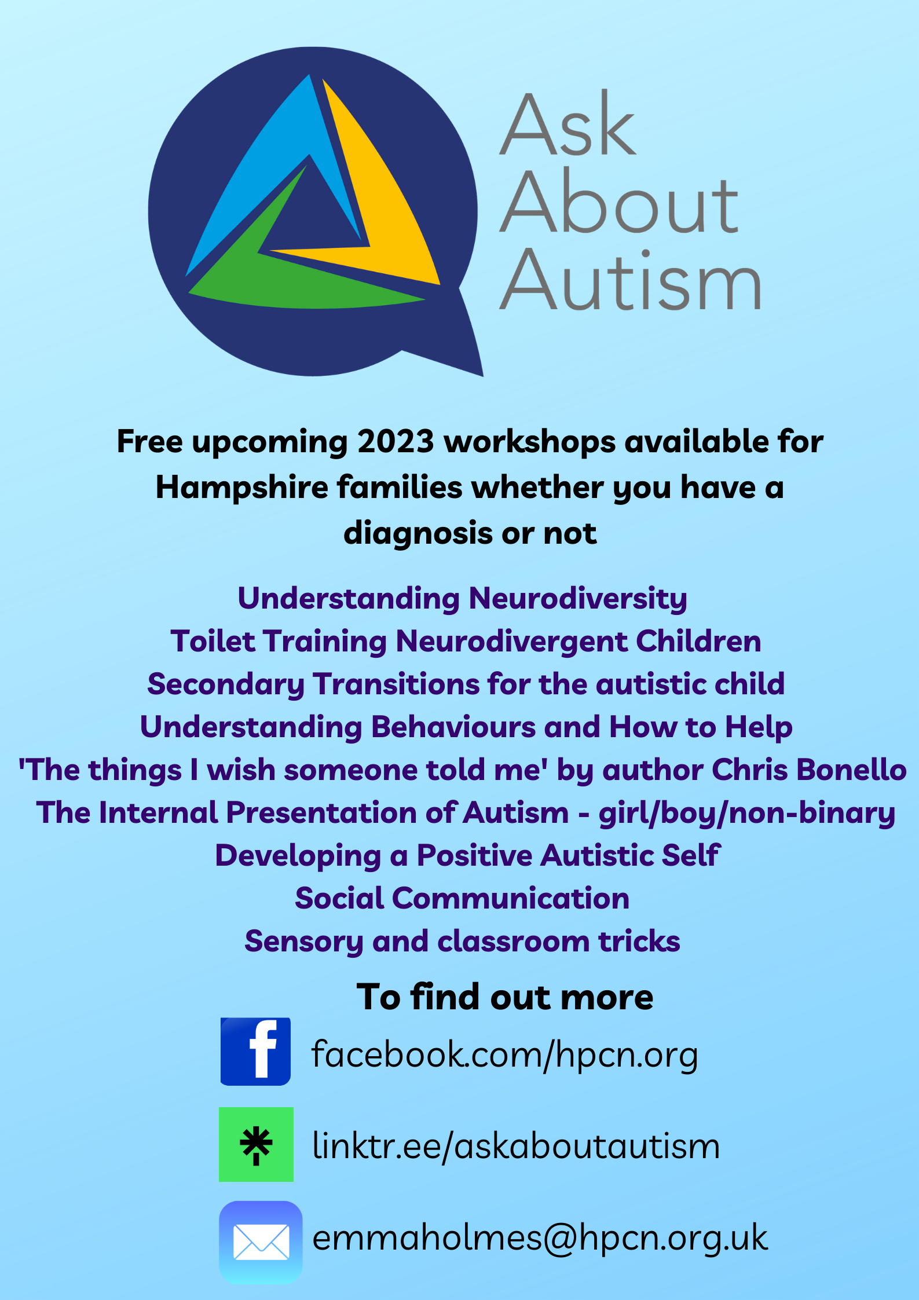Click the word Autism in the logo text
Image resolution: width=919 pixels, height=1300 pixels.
pos(630,280)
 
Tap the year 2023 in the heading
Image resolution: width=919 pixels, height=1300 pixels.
pos(396,441)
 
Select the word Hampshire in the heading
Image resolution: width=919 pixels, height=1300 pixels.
pos(242,488)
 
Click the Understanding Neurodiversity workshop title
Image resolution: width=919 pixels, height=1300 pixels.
pos(462,599)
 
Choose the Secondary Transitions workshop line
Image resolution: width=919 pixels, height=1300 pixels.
pos(466,684)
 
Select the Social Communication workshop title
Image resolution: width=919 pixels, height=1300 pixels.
pos(462,899)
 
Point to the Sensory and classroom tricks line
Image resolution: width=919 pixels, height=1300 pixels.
pos(462,942)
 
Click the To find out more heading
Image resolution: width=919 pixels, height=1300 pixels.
pos(505,997)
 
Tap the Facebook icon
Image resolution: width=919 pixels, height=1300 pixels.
pos(255,1052)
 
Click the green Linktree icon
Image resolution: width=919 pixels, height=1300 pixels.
pos(256,1145)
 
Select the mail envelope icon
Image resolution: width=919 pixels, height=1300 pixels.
pos(261,1243)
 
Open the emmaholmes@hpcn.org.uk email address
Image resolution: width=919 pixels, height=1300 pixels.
pos(540,1239)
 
